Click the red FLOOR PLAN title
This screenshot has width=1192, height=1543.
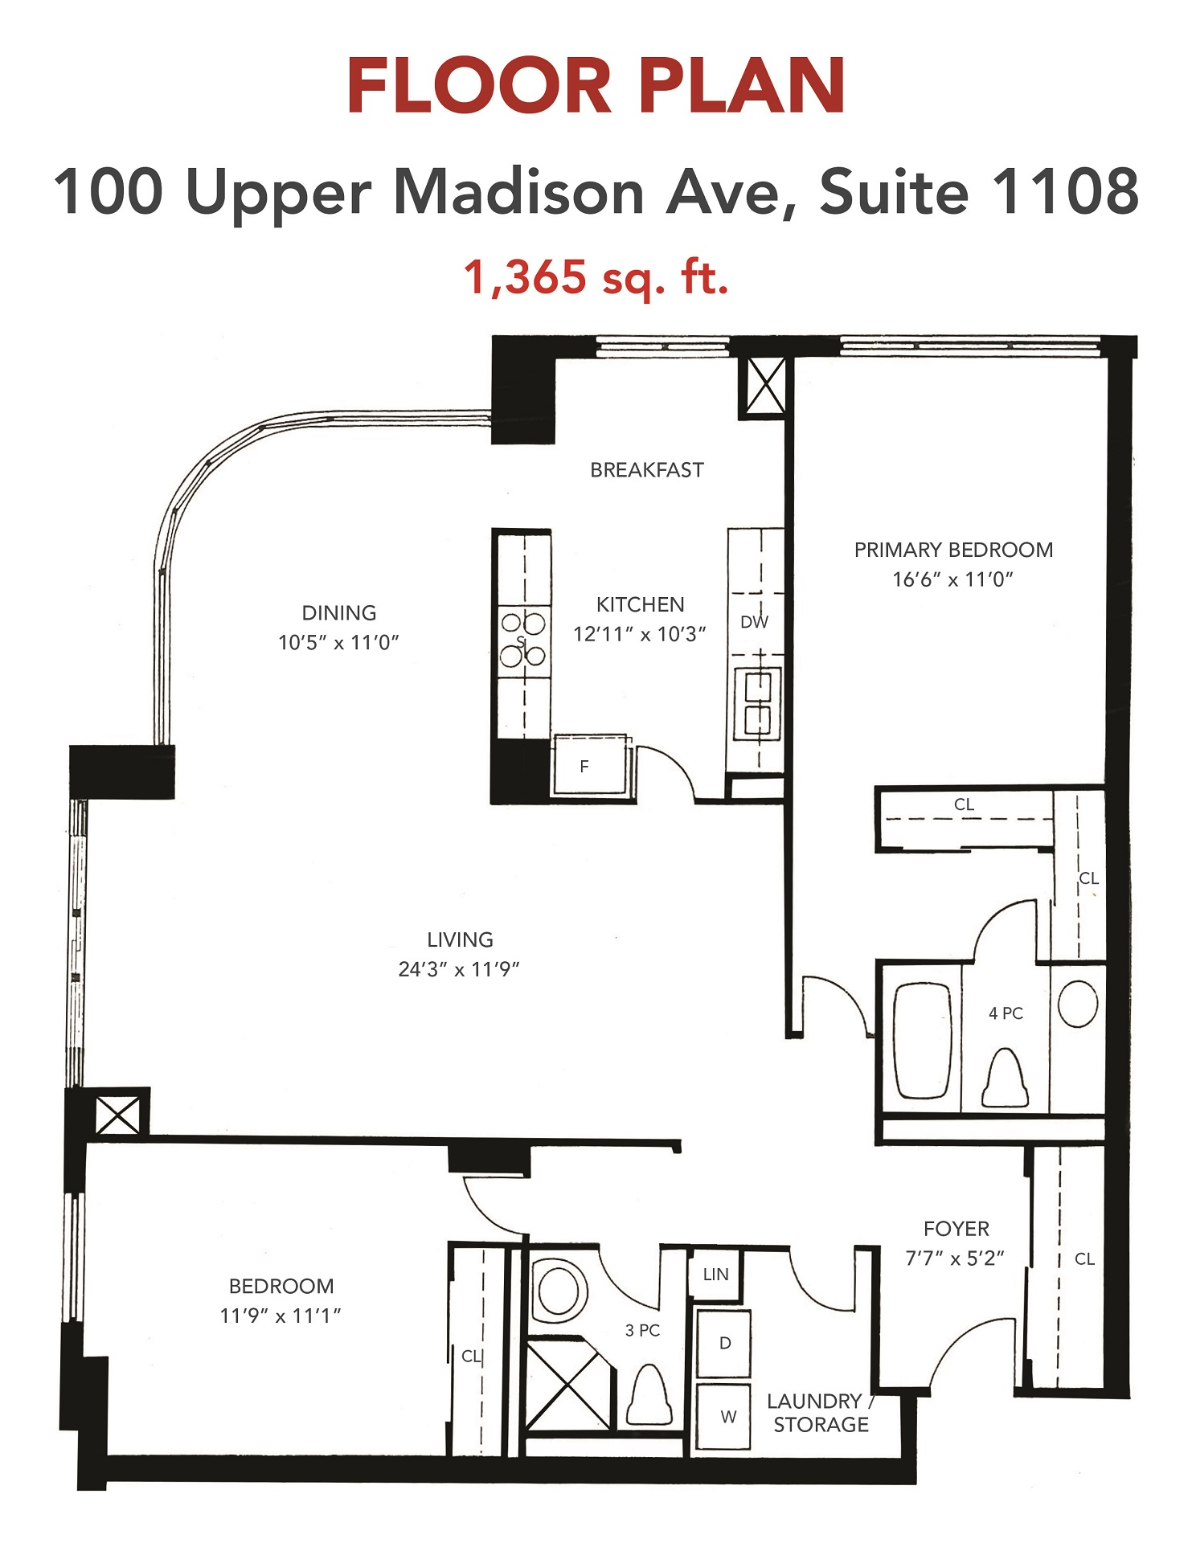596,86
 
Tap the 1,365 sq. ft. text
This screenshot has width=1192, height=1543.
596,276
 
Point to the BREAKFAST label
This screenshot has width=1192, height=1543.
647,470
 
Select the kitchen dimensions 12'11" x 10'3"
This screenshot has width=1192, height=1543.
640,634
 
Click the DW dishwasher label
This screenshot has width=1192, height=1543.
754,622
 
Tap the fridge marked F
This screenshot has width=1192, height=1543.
589,764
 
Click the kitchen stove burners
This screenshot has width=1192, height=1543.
523,640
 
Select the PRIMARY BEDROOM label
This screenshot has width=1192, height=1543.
953,550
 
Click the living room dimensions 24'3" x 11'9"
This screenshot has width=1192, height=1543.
459,969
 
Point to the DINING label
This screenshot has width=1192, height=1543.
339,612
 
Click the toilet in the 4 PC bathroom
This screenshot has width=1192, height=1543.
1006,1077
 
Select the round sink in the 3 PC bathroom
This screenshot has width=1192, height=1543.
559,1290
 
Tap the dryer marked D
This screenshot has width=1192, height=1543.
724,1343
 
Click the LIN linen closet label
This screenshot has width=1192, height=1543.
715,1274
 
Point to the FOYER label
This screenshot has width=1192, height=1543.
956,1229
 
